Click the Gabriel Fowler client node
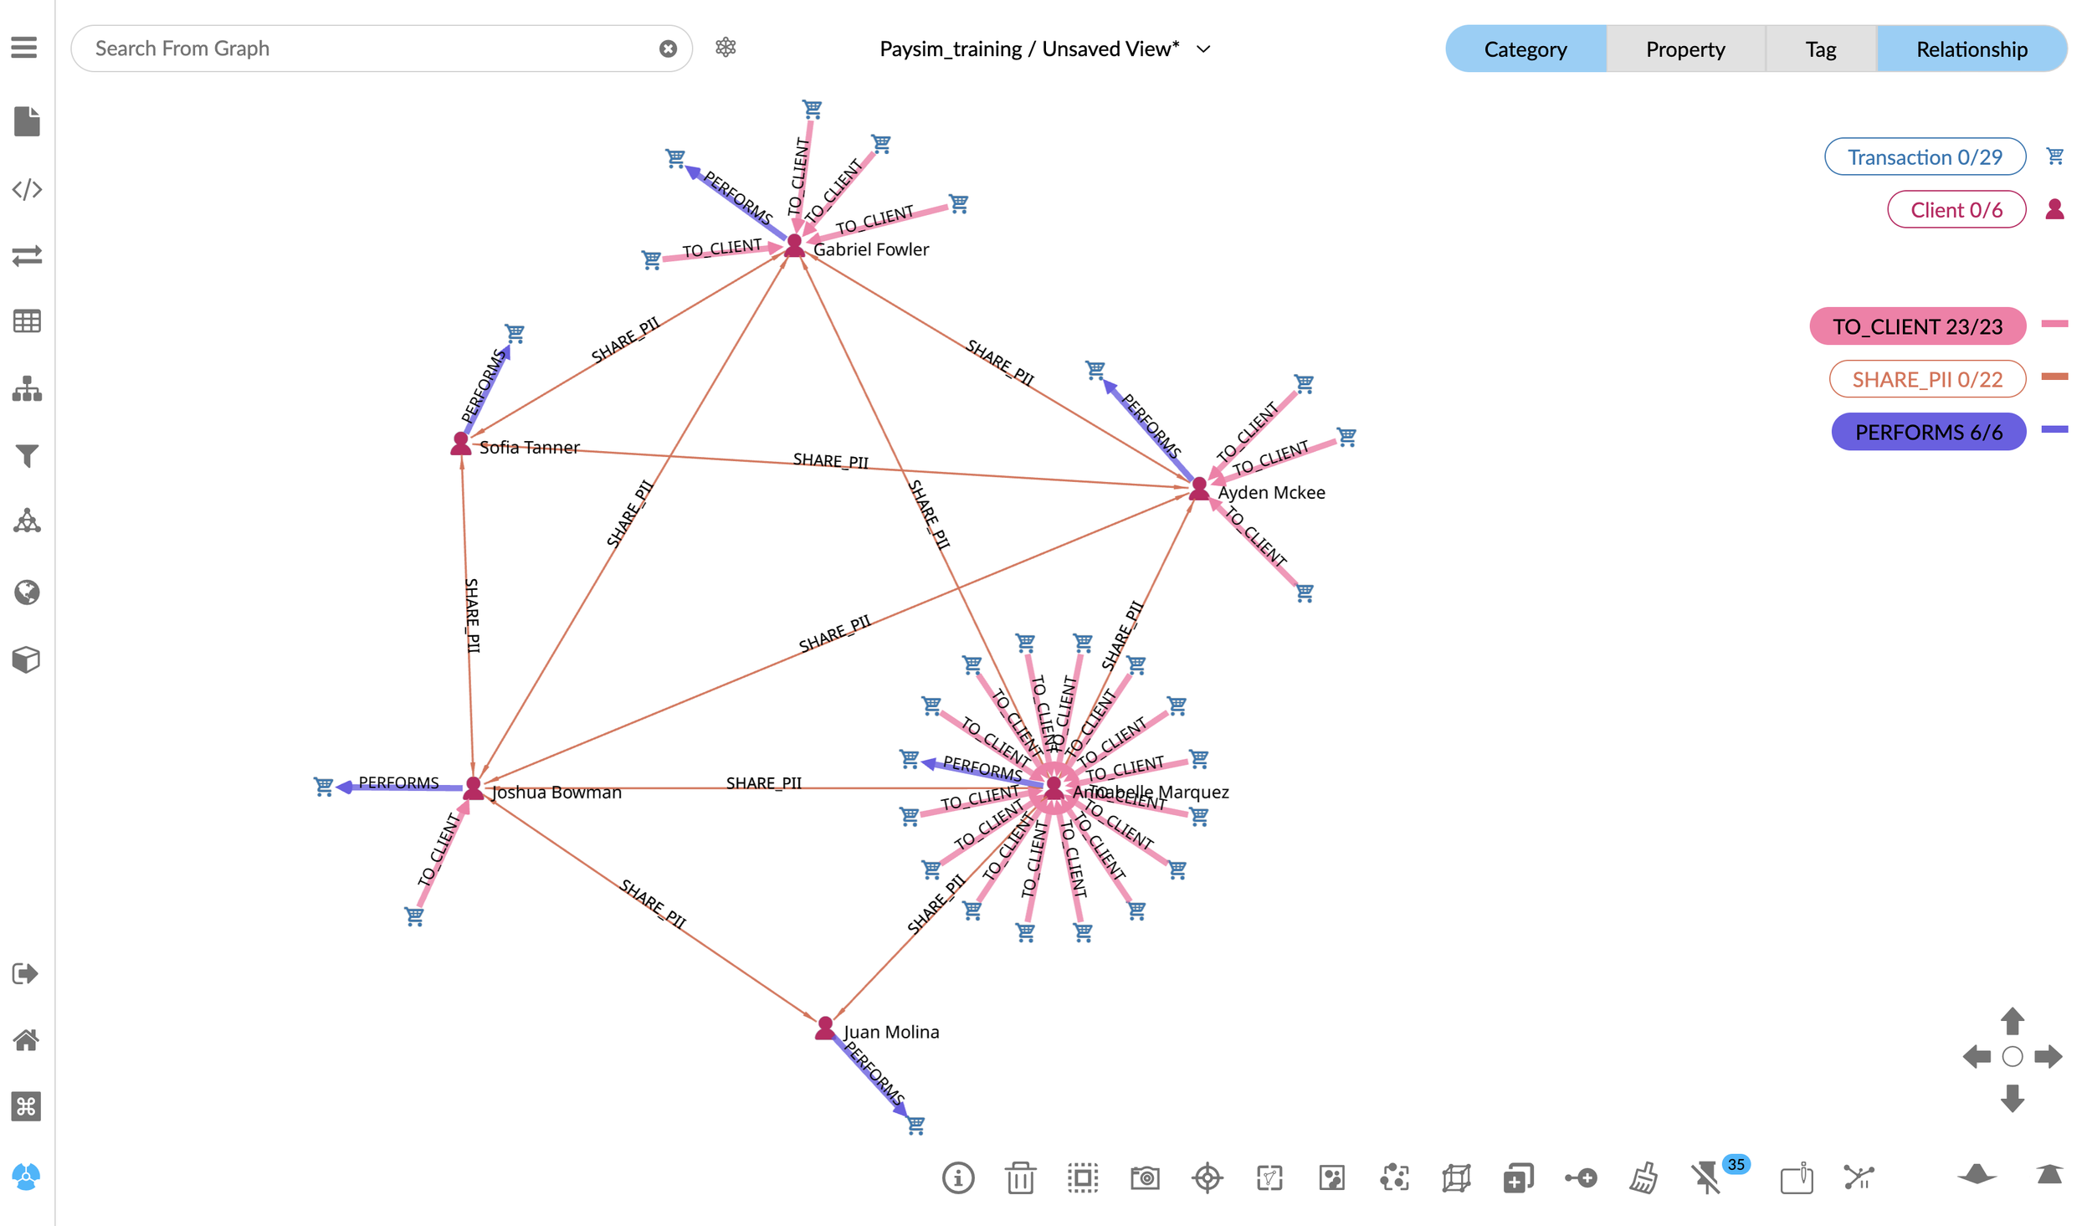pos(794,245)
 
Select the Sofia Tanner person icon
pos(460,444)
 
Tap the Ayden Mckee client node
pos(1199,488)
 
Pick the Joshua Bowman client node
pos(473,788)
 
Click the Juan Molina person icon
pos(825,1028)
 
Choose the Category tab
pos(1525,49)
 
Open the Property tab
pos(1684,49)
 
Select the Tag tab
pos(1820,49)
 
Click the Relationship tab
pos(1971,49)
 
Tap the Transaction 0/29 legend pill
pos(1924,157)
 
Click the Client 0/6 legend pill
pos(1956,210)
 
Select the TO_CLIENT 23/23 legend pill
pos(1916,326)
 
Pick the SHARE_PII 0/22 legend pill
pos(1926,379)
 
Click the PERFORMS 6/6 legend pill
pos(1928,432)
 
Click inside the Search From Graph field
pos(368,49)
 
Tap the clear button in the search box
pos(668,49)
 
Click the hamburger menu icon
pos(24,48)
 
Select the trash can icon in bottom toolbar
pos(1020,1177)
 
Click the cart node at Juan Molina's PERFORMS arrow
pos(916,1126)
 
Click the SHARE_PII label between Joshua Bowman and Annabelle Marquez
pos(763,783)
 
